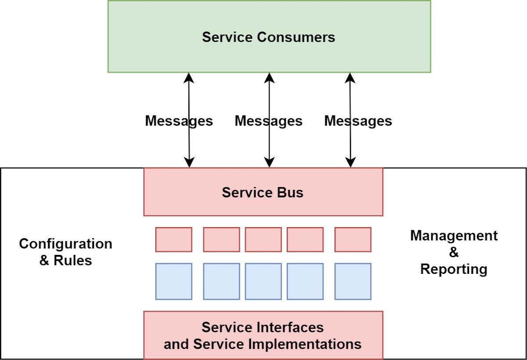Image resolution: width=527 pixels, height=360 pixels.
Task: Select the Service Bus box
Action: (263, 192)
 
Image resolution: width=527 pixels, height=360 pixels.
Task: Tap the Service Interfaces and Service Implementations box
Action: (263, 335)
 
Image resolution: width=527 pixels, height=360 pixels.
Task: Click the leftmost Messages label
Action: (179, 121)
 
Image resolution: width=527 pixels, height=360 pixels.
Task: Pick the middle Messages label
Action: (268, 121)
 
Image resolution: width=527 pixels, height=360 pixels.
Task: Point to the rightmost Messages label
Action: (358, 121)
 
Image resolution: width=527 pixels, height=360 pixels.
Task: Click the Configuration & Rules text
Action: (65, 252)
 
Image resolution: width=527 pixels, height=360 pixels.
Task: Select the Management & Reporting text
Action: (454, 252)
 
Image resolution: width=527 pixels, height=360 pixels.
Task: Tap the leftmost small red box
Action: (173, 240)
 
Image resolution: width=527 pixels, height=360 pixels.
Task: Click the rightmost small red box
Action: (353, 240)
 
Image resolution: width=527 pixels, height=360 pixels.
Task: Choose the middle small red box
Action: (263, 240)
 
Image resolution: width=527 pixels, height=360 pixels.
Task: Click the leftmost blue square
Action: (173, 281)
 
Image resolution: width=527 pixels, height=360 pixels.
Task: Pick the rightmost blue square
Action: (353, 281)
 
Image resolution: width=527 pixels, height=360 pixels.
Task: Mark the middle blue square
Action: (263, 281)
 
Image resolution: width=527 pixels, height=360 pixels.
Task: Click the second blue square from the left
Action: (221, 281)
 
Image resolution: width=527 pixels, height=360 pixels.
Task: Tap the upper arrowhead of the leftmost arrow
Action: (189, 78)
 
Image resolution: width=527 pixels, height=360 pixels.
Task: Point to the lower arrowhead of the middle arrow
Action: (270, 162)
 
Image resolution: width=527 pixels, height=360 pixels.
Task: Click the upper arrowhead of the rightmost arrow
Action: (350, 78)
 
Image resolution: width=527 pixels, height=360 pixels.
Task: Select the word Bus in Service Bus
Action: (290, 193)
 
